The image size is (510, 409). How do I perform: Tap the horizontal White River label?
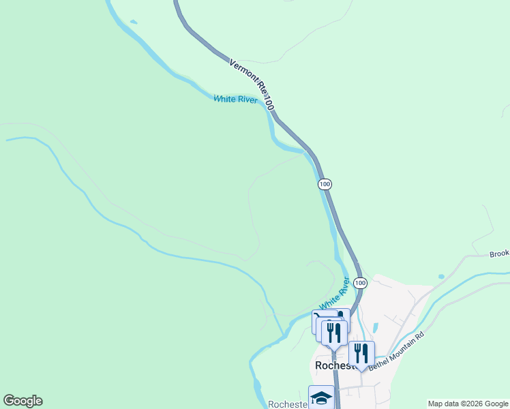(235, 100)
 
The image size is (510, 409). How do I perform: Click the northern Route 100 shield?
(325, 184)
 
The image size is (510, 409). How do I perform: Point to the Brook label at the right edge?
(499, 254)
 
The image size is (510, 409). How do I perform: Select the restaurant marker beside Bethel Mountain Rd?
(361, 353)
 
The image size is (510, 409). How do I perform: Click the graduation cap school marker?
(321, 397)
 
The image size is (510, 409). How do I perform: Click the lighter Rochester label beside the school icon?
(288, 404)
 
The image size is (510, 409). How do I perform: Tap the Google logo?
(22, 401)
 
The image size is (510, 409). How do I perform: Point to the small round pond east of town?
(442, 277)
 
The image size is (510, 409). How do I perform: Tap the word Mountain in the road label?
(402, 350)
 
